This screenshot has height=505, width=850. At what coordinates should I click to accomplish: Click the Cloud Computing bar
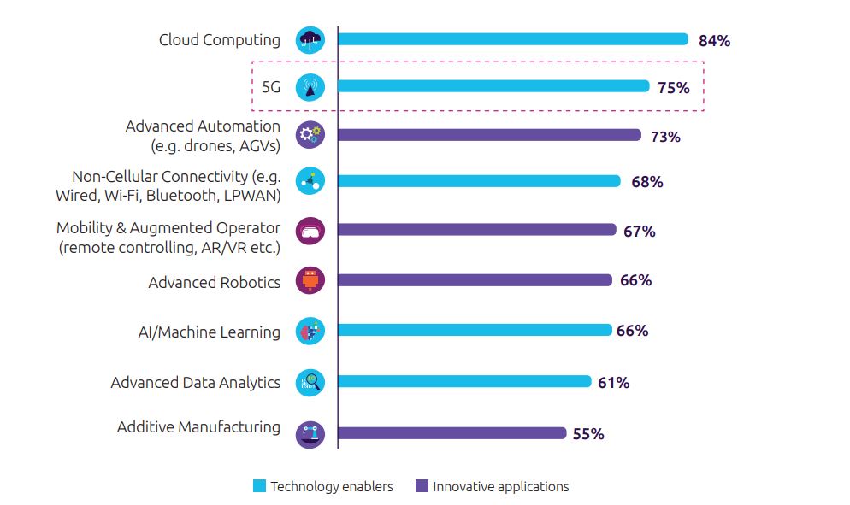point(513,39)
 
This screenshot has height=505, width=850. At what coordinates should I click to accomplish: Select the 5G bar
point(494,86)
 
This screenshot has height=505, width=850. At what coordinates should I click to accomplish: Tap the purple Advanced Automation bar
point(489,135)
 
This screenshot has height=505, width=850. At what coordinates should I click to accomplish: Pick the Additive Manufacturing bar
point(452,433)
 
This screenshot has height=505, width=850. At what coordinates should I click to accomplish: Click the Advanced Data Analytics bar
point(465,382)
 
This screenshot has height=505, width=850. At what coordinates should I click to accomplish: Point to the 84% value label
point(714,40)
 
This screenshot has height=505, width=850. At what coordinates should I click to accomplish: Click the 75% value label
point(674,87)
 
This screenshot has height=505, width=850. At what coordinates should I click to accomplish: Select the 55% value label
point(588,434)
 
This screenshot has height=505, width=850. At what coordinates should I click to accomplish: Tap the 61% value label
point(614,383)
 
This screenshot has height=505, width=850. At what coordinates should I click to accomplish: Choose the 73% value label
point(664,136)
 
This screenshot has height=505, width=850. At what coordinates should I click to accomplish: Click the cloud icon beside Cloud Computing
point(310,40)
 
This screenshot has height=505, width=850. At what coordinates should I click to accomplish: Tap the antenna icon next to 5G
point(310,86)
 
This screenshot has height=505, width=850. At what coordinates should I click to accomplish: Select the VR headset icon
point(310,231)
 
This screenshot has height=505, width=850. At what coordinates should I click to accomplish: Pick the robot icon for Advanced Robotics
point(310,280)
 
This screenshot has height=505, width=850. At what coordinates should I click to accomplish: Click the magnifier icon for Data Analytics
point(310,383)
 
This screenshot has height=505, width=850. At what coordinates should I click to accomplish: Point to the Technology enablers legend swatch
point(260,486)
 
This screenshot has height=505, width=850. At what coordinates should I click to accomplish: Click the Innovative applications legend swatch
point(422,486)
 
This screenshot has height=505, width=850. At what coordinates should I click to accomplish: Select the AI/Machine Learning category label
point(210,332)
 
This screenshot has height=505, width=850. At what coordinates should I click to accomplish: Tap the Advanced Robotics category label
point(214,282)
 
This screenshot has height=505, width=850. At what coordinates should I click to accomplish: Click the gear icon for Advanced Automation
point(310,134)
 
